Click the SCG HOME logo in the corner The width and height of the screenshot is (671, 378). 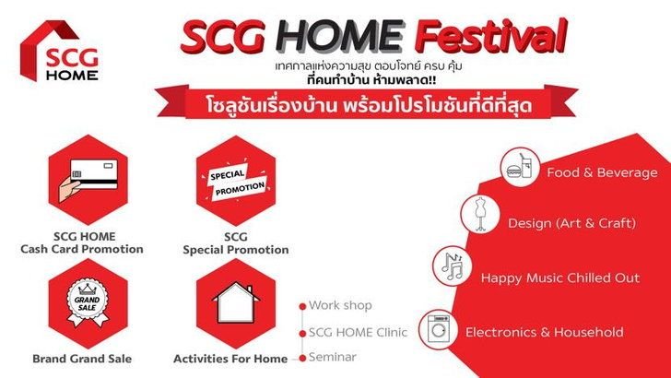60,51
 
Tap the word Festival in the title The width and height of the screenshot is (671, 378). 491,36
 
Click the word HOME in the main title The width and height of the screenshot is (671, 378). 340,36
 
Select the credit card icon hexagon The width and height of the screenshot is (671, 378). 88,180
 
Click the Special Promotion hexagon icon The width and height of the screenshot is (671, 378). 236,180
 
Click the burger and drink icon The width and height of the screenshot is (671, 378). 521,167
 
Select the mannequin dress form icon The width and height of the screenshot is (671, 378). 480,214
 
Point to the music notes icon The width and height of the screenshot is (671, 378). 453,266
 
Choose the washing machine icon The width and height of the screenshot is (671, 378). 439,330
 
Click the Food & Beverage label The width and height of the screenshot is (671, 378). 602,172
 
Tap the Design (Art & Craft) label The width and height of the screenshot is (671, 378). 572,222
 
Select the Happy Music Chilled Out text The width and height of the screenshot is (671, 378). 560,278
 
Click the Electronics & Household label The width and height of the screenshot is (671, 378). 545,332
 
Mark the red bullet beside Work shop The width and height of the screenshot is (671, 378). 302,306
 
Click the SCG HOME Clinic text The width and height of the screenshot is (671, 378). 358,332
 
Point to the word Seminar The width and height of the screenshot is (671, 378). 333,357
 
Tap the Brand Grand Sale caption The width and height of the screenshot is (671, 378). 82,359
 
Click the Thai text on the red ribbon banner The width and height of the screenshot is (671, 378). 369,105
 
